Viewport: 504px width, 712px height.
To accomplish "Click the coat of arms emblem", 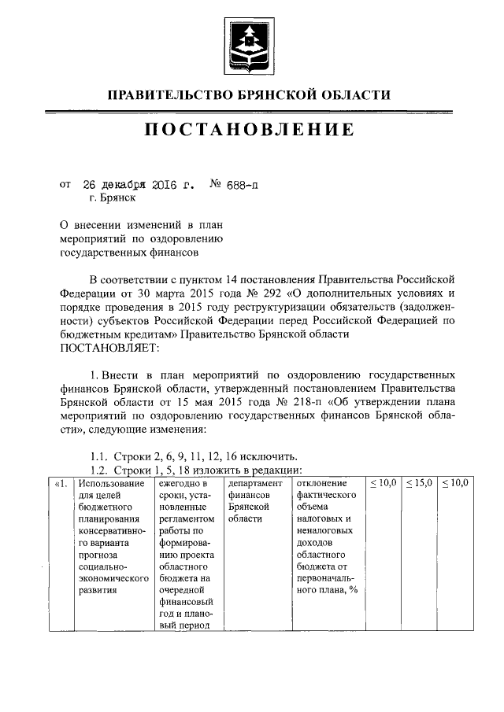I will click(x=252, y=39).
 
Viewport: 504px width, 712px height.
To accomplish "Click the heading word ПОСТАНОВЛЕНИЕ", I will click(x=248, y=130).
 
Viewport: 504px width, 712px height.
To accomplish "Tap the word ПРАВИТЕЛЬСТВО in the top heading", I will click(x=167, y=95).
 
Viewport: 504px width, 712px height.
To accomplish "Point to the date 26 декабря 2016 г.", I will click(x=137, y=186).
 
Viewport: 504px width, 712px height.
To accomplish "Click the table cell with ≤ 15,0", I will click(x=419, y=482).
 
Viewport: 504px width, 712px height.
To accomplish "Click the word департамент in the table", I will click(x=254, y=482).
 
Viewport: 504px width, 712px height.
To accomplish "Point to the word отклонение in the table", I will click(x=323, y=482).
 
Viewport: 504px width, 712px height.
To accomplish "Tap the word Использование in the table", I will click(x=111, y=482).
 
